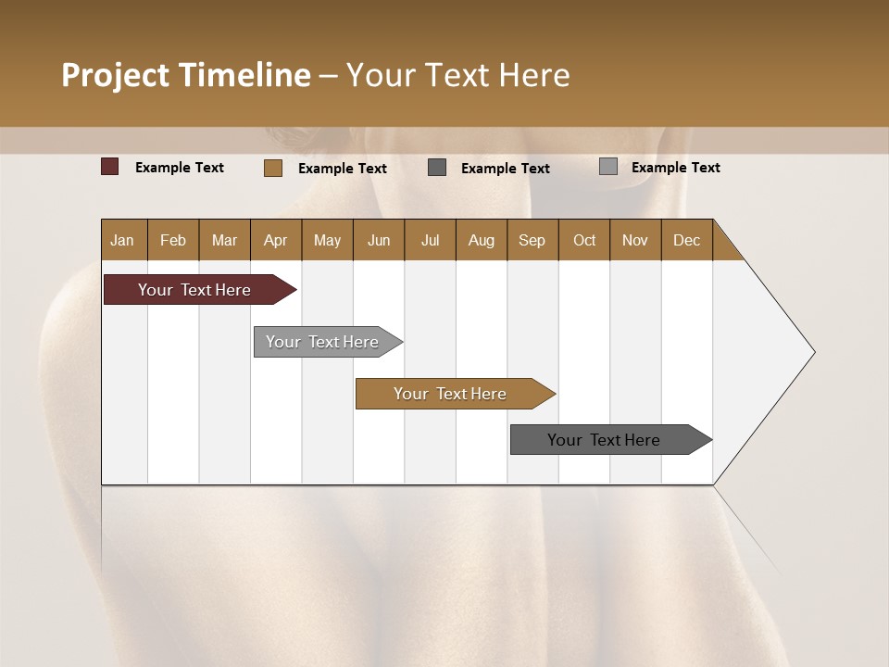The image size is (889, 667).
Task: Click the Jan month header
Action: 123,240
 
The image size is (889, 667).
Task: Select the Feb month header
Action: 173,240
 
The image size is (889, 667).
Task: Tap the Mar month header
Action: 224,240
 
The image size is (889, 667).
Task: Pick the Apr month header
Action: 276,240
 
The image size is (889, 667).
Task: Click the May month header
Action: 327,240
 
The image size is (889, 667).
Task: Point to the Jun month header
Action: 379,240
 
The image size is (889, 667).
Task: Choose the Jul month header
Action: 430,240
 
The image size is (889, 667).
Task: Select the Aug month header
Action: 482,240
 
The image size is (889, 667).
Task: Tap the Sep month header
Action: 532,240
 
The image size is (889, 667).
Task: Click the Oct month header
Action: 584,240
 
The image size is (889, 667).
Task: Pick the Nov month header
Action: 635,240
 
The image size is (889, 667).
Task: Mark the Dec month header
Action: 687,240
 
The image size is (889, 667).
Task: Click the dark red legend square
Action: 110,167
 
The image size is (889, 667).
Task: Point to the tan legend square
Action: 273,168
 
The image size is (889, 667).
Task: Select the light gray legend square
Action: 608,167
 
